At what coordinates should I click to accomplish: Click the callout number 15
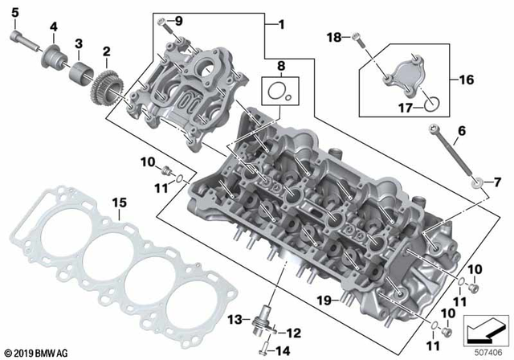tap(119, 202)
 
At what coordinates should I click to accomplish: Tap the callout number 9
tap(178, 19)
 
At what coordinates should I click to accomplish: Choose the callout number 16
tap(465, 80)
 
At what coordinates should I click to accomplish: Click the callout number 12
tap(294, 332)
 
